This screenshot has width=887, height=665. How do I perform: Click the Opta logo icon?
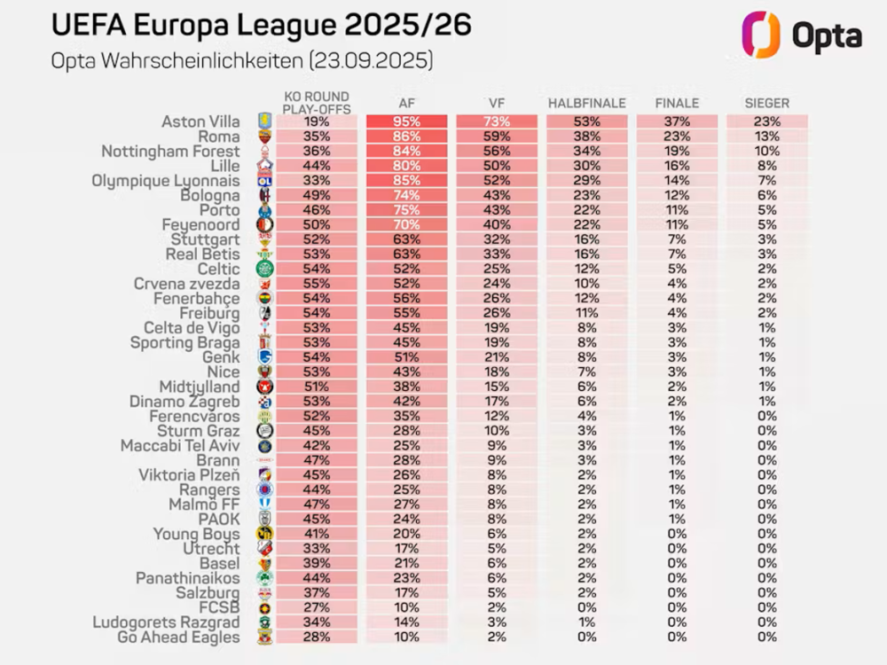pos(761,35)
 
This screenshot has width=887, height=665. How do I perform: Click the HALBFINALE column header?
pos(586,104)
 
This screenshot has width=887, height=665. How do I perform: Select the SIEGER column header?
pos(767,104)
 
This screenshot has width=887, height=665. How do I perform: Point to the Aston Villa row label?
pos(200,122)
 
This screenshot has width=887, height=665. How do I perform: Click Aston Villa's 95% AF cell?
pos(406,122)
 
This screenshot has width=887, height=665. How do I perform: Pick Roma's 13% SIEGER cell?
pos(767,137)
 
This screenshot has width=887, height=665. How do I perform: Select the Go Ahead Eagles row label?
pos(178,637)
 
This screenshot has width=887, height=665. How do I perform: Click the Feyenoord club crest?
pos(264,225)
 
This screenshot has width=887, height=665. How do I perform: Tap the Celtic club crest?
pos(264,269)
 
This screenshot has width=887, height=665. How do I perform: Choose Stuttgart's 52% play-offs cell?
pos(316,239)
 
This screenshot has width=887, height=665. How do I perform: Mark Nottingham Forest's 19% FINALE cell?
pos(677,152)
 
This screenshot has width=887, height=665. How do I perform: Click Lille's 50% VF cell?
pos(496,166)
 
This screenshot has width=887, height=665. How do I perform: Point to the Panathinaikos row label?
pos(187,578)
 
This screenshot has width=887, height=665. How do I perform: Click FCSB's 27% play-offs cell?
pos(316,607)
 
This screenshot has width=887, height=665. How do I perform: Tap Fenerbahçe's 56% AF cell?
pos(406,299)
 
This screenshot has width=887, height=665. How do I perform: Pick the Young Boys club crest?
pos(264,534)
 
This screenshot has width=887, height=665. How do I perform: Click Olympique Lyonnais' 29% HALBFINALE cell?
pos(586,181)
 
